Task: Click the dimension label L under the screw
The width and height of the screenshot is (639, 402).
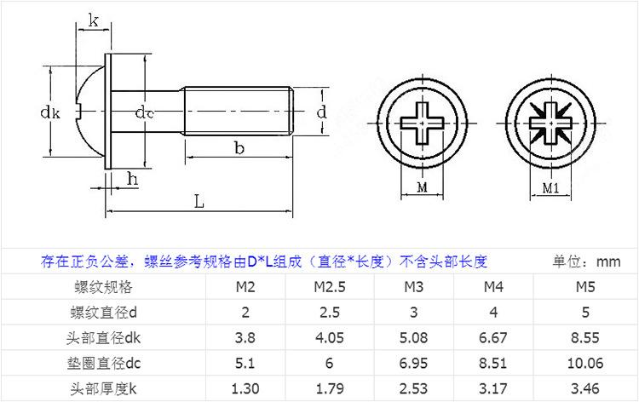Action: click(198, 203)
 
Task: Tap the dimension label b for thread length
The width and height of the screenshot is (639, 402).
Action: click(239, 148)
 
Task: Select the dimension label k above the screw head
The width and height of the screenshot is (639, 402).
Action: click(92, 21)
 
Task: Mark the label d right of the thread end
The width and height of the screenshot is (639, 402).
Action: click(321, 112)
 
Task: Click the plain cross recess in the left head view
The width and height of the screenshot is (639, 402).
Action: click(423, 122)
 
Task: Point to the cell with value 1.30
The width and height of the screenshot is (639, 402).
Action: click(246, 390)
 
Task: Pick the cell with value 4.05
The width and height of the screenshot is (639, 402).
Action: click(328, 338)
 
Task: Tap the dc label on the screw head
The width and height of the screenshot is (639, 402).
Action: click(145, 112)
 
